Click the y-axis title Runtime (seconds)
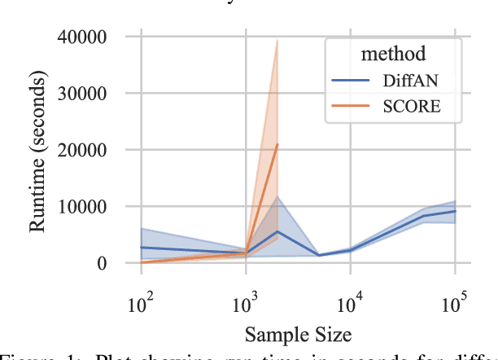tap(38, 150)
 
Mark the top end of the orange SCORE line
tap(277, 144)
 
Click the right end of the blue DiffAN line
tap(456, 211)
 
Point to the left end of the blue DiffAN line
tap(141, 247)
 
